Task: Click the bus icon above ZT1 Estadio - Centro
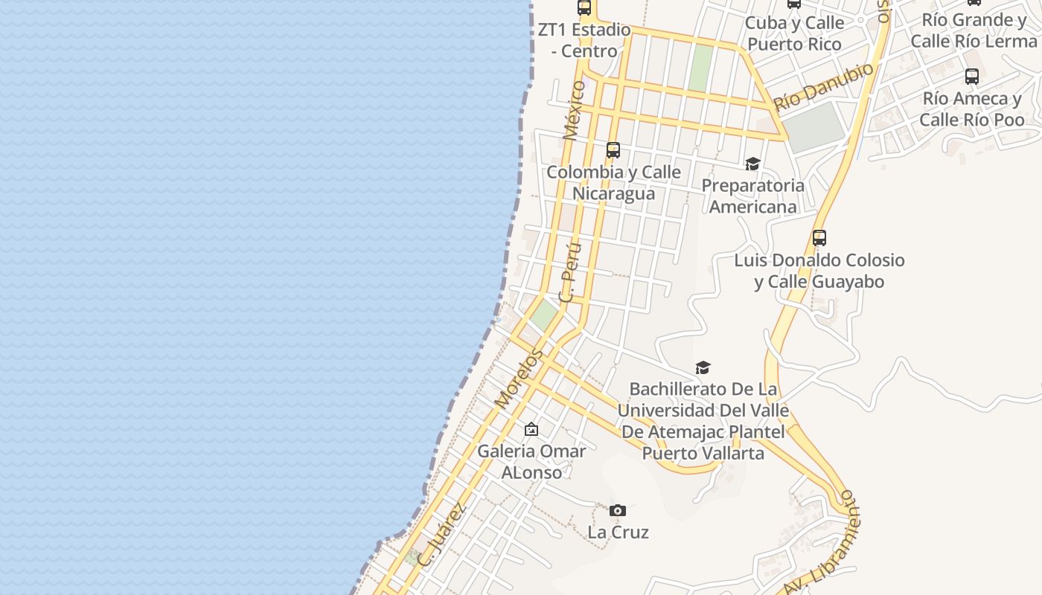click(x=584, y=7)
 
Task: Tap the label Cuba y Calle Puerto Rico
click(x=794, y=33)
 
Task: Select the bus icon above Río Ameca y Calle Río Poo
click(x=971, y=76)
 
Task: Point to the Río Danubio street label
click(x=824, y=86)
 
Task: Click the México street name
click(x=574, y=110)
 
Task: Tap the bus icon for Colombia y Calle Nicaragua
click(x=613, y=149)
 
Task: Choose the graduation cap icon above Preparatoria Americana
click(x=752, y=164)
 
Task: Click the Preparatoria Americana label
click(x=752, y=196)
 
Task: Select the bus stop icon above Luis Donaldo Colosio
click(x=819, y=238)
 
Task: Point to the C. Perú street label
click(x=570, y=271)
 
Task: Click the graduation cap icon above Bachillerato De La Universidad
click(x=703, y=367)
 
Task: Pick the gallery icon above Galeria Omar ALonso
click(x=531, y=429)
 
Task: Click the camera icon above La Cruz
click(x=617, y=510)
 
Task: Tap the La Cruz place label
click(x=618, y=532)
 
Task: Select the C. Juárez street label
click(x=442, y=535)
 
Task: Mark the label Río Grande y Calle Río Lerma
click(x=974, y=30)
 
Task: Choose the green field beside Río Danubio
click(x=814, y=127)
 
